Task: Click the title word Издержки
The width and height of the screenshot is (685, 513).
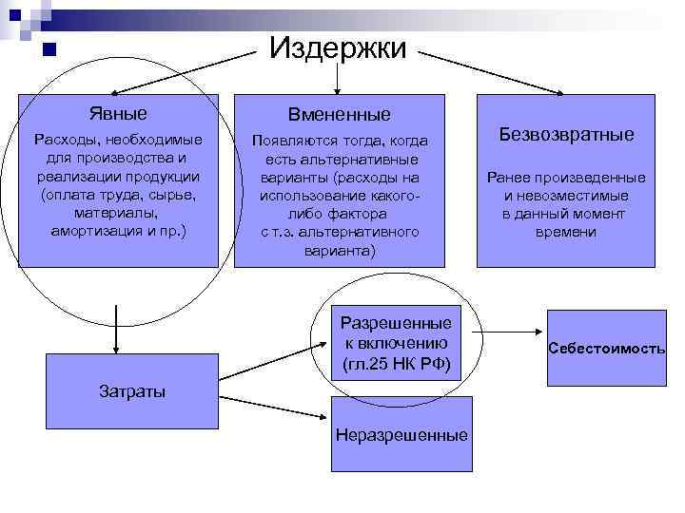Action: tap(338, 47)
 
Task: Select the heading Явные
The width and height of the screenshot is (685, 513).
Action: tap(118, 114)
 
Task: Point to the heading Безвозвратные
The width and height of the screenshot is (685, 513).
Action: tap(566, 135)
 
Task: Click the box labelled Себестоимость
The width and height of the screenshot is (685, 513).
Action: tap(606, 349)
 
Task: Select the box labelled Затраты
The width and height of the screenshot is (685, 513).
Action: tap(132, 390)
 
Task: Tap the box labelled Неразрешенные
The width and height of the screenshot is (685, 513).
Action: tap(401, 435)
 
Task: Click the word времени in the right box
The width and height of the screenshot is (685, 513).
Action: tap(565, 232)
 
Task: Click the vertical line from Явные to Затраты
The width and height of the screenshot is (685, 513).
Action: tap(117, 329)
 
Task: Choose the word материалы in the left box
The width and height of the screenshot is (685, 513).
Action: tap(119, 214)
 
